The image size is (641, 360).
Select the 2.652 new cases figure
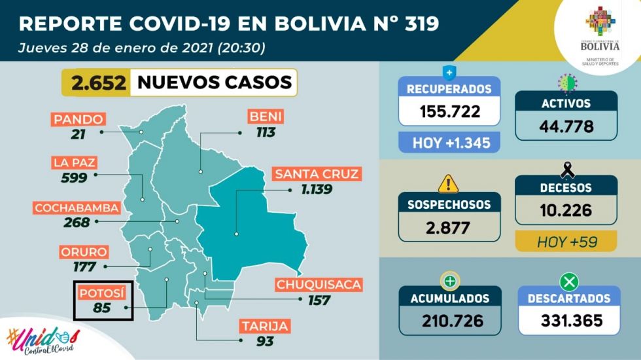97,82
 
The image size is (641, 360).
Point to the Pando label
78,119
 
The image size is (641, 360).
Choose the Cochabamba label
77,208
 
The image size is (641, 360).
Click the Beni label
265,117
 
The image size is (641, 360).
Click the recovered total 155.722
449,111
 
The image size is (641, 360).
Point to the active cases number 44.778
566,125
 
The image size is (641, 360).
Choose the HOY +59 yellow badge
566,241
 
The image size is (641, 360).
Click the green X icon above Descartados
566,281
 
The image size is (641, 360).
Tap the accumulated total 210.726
449,321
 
